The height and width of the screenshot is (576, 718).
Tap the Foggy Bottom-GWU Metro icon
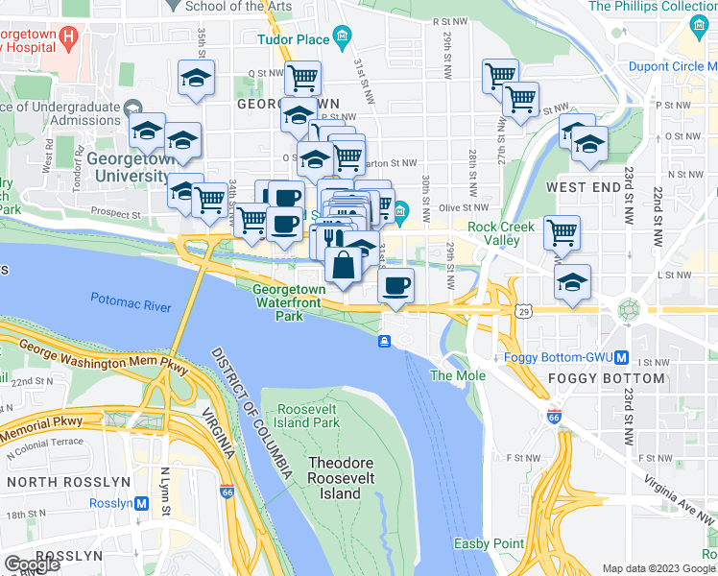pos(622,358)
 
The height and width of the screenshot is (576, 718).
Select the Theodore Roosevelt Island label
pos(334,478)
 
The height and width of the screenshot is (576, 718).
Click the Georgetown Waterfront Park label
pos(289,301)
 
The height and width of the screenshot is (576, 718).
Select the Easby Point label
pos(489,543)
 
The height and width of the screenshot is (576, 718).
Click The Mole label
pos(457,375)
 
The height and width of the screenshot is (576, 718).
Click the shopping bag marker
pos(343,264)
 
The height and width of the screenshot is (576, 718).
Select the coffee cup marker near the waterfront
pos(395,284)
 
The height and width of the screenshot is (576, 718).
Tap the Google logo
pos(32,564)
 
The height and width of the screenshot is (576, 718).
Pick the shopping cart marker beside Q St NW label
pos(302,77)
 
